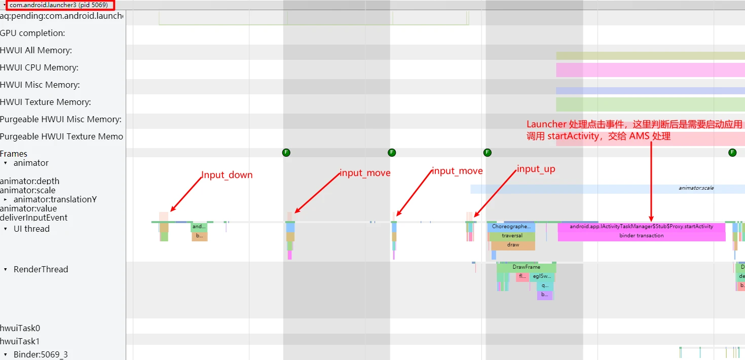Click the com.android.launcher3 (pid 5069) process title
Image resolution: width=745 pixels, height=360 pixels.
pos(59,5)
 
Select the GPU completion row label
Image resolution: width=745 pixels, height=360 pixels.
pos(32,33)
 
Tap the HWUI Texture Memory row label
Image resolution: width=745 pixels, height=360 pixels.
pos(46,102)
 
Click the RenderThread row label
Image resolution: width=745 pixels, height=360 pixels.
pos(41,269)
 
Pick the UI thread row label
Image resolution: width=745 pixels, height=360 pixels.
pos(31,229)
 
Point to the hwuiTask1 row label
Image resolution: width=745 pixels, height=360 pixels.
pos(20,341)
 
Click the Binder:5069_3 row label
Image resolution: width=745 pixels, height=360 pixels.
pos(41,354)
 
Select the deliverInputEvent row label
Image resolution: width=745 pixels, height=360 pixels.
pos(34,218)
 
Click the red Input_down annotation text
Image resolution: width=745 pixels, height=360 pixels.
pos(227,175)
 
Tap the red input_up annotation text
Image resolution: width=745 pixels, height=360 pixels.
pos(536,169)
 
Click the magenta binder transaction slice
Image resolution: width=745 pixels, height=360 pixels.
pos(641,236)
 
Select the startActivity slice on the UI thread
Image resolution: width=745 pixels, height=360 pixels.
pos(641,226)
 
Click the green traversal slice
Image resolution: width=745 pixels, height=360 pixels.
pos(512,236)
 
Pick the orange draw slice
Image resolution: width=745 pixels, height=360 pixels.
pos(513,245)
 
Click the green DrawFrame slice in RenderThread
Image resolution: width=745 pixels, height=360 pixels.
pos(526,267)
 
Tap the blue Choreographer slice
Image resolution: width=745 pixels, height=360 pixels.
pos(511,227)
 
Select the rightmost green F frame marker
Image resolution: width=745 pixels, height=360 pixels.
pos(732,152)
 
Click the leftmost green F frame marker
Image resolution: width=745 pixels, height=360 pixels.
pos(286,152)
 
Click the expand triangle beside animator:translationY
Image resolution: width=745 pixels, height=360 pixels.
pos(6,199)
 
